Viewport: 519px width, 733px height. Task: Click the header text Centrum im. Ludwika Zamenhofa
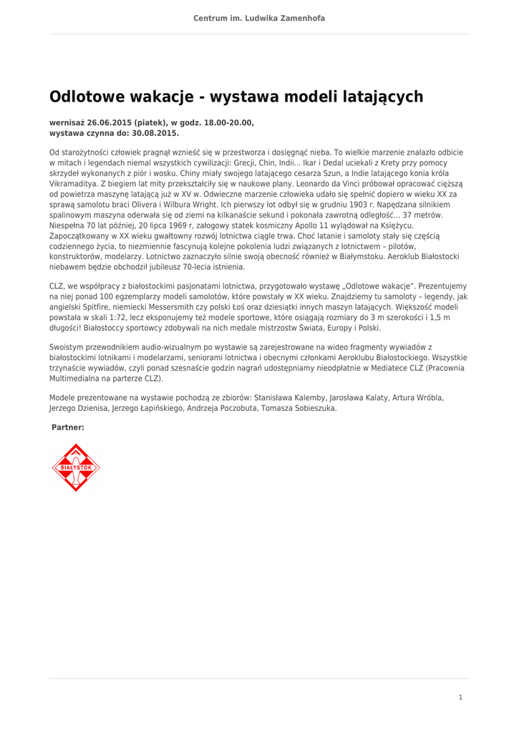pyautogui.click(x=259, y=18)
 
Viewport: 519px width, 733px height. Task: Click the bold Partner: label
pyautogui.click(x=68, y=427)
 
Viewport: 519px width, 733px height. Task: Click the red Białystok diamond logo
pyautogui.click(x=76, y=468)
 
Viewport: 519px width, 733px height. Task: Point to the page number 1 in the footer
pyautogui.click(x=460, y=697)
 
